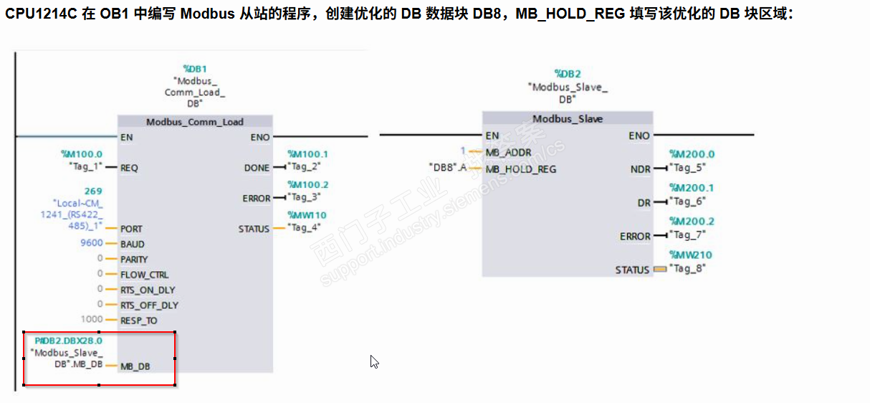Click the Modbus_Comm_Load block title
[x=194, y=122]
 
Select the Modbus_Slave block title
[x=568, y=119]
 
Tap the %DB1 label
[x=195, y=70]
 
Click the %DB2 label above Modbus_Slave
[x=568, y=74]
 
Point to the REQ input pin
[x=129, y=168]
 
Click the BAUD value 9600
[x=91, y=244]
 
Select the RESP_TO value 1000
[x=92, y=320]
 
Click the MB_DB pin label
[x=135, y=366]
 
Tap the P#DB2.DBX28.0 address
[x=68, y=341]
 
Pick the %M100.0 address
[x=82, y=154]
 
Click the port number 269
[x=93, y=191]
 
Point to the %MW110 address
[x=307, y=215]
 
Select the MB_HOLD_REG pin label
[x=521, y=169]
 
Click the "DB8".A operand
[x=448, y=169]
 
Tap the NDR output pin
[x=640, y=170]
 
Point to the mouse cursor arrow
[x=373, y=361]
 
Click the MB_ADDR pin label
[x=508, y=153]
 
